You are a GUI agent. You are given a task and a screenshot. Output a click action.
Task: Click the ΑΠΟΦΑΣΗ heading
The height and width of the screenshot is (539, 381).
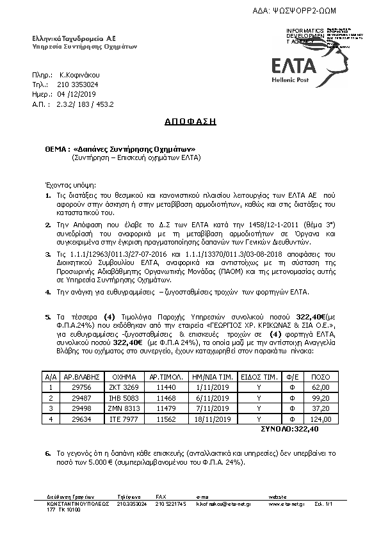click(x=190, y=120)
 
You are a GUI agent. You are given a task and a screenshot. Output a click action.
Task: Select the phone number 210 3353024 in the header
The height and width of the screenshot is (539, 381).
click(x=78, y=84)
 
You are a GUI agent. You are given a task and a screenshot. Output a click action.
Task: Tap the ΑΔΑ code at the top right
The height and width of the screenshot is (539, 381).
click(x=305, y=12)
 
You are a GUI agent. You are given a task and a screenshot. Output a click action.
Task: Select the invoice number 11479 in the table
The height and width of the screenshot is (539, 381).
click(x=164, y=408)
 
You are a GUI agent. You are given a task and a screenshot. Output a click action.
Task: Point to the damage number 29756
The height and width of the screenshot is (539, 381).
click(x=75, y=387)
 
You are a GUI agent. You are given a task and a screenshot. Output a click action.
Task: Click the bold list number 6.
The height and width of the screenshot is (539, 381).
click(x=48, y=453)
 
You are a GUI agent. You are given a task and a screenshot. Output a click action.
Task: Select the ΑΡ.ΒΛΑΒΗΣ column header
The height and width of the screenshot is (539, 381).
click(x=75, y=377)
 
